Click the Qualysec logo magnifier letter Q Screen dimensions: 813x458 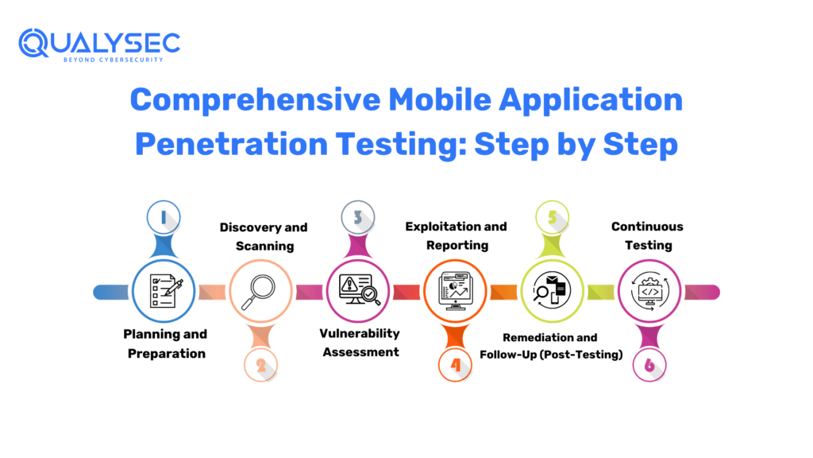(33, 43)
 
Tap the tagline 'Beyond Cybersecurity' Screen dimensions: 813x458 (114, 60)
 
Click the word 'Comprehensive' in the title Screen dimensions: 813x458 (255, 99)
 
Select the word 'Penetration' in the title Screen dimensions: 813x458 (231, 144)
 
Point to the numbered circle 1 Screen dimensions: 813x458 (164, 217)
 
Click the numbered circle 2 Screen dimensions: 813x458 (260, 365)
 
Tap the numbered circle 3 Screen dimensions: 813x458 (358, 217)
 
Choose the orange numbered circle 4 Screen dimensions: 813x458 (455, 365)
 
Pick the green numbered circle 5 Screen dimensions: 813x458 (553, 217)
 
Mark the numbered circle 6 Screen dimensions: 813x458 (649, 365)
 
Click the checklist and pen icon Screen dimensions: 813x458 (166, 291)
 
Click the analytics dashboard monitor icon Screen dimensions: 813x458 (455, 291)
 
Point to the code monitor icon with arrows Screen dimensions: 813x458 (650, 291)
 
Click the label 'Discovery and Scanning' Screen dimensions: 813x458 (264, 236)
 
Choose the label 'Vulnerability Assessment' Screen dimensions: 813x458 (360, 343)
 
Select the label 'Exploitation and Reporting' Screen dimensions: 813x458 (457, 235)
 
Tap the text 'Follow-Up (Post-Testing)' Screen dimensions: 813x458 (551, 355)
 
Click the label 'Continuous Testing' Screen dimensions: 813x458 (648, 235)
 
